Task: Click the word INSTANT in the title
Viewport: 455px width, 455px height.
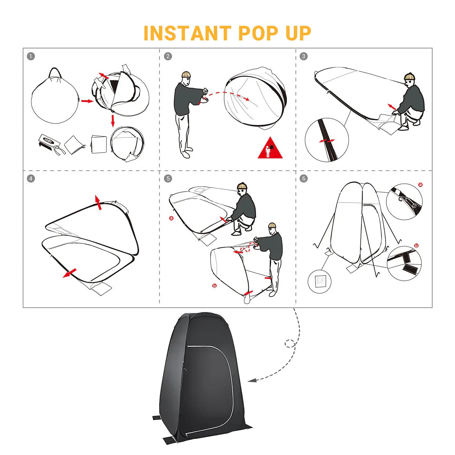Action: [x=187, y=33]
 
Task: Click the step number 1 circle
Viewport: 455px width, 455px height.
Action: [x=31, y=56]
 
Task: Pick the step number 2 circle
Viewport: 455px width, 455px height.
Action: [x=168, y=56]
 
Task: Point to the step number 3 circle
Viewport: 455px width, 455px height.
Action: [x=303, y=56]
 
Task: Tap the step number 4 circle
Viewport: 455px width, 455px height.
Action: [x=31, y=178]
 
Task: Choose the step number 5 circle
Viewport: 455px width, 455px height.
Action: [x=168, y=178]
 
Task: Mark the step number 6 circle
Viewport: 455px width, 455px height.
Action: [x=303, y=178]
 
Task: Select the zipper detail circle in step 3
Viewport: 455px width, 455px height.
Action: [x=327, y=139]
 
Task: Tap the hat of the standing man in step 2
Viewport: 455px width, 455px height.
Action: [x=186, y=74]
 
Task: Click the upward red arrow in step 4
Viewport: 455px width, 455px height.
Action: [x=98, y=202]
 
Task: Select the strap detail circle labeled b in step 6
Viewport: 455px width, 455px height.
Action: [x=404, y=263]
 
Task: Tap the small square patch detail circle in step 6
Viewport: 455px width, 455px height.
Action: [x=320, y=281]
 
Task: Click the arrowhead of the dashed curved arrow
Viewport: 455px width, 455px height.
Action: [x=252, y=381]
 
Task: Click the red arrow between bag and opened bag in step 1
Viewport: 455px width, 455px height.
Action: [x=87, y=101]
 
